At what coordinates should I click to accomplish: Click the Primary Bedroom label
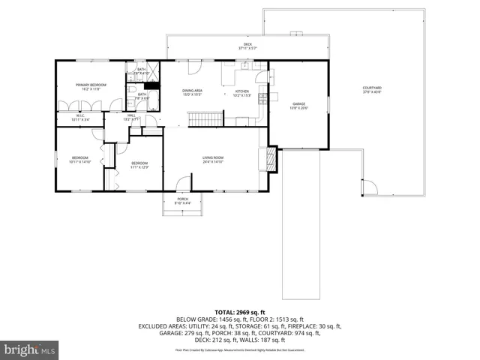pyautogui.click(x=87, y=86)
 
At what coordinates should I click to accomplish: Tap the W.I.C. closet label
pyautogui.click(x=79, y=118)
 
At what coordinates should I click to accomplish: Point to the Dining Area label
pyautogui.click(x=193, y=92)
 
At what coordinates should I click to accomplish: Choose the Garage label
pyautogui.click(x=298, y=106)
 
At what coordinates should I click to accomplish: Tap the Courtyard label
pyautogui.click(x=372, y=91)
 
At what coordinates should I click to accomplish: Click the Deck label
pyautogui.click(x=247, y=46)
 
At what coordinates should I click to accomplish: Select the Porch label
pyautogui.click(x=182, y=201)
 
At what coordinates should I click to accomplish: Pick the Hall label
pyautogui.click(x=130, y=117)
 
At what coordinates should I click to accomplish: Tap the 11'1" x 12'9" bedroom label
pyautogui.click(x=140, y=165)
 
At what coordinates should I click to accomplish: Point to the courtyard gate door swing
pyautogui.click(x=368, y=187)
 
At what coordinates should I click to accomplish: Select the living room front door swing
pyautogui.click(x=182, y=184)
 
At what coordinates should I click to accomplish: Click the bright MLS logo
pyautogui.click(x=30, y=349)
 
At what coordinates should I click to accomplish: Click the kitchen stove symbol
pyautogui.click(x=262, y=94)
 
